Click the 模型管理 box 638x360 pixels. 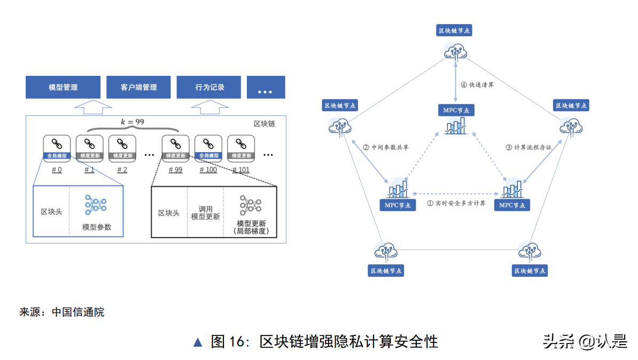(x=63, y=87)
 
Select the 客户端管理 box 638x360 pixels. (x=138, y=87)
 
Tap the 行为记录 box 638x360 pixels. (x=209, y=87)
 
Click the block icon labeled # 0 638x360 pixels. (x=57, y=147)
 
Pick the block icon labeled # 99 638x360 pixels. (x=175, y=147)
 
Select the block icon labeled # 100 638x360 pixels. (x=208, y=147)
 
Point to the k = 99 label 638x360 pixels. (x=132, y=122)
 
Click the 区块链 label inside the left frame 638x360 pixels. (x=264, y=123)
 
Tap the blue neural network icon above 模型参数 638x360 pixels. (x=96, y=205)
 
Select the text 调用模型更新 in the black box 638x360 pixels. (x=205, y=213)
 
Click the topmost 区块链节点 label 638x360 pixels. (x=454, y=30)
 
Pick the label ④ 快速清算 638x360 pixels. (x=478, y=85)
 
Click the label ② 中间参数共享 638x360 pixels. (x=385, y=147)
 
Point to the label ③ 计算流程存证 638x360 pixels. (x=528, y=147)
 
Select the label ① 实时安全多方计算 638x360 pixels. (x=456, y=203)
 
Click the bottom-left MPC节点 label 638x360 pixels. (x=397, y=205)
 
